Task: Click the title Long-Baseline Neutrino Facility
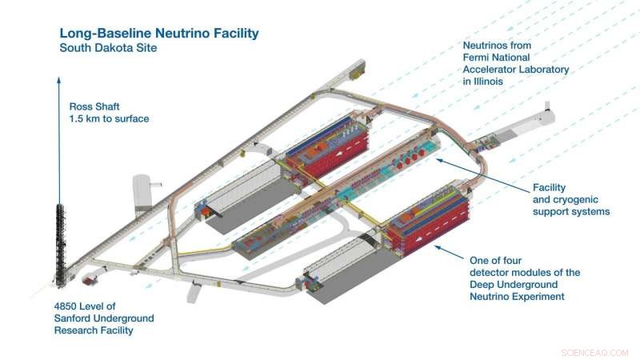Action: pos(159,34)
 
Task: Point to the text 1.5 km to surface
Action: pos(109,119)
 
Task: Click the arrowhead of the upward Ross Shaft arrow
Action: pos(59,79)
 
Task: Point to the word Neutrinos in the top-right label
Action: pos(488,46)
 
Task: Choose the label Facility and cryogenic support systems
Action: pos(571,200)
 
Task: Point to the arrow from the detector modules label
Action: pos(448,244)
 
